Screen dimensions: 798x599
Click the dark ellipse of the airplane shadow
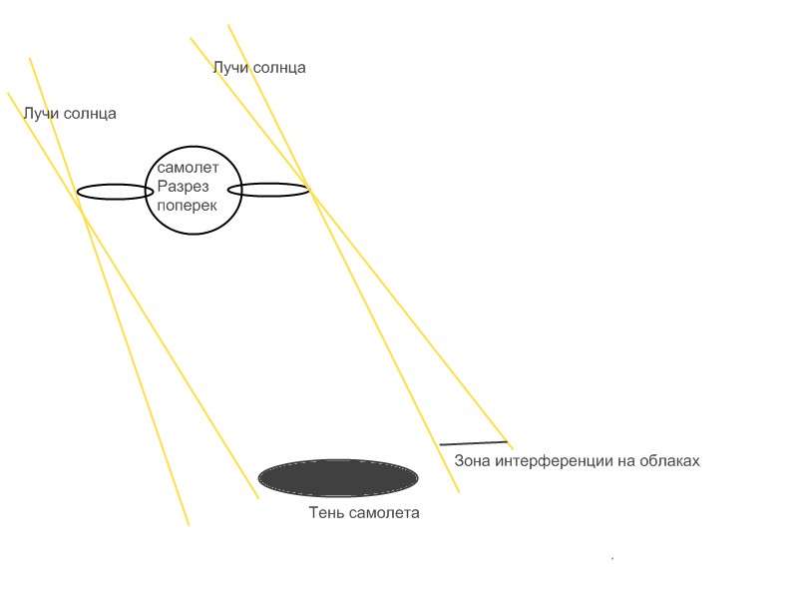(x=338, y=478)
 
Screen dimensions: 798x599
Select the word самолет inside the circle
(x=188, y=167)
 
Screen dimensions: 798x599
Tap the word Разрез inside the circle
(x=183, y=187)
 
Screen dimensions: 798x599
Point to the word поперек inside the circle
(x=187, y=206)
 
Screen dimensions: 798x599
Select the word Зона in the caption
(x=472, y=460)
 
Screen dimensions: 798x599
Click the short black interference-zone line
(x=474, y=443)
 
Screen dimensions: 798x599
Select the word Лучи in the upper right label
(x=230, y=68)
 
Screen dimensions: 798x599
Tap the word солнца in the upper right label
(x=279, y=68)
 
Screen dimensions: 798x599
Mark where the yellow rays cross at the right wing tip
(x=308, y=187)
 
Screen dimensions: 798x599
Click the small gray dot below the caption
(x=612, y=559)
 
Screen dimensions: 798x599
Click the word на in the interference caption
(x=626, y=462)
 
